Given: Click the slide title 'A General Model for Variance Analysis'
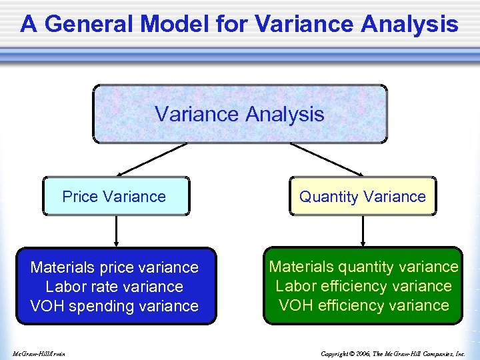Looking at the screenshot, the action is point(239,25).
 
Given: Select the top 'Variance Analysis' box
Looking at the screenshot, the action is point(239,114).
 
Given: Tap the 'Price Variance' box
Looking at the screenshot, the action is point(115,196).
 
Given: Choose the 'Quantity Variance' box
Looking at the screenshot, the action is point(363,196).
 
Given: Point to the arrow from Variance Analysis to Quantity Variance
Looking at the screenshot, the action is point(327,160).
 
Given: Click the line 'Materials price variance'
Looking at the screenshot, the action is point(115,267).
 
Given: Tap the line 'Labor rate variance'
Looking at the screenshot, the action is point(115,287).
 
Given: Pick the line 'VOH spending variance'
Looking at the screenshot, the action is point(115,306).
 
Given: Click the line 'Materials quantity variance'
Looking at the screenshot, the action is point(363,267).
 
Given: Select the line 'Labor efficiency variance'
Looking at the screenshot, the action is point(363,286).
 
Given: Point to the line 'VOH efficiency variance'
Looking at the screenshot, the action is point(363,305).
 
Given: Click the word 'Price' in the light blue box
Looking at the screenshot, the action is point(79,196).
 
